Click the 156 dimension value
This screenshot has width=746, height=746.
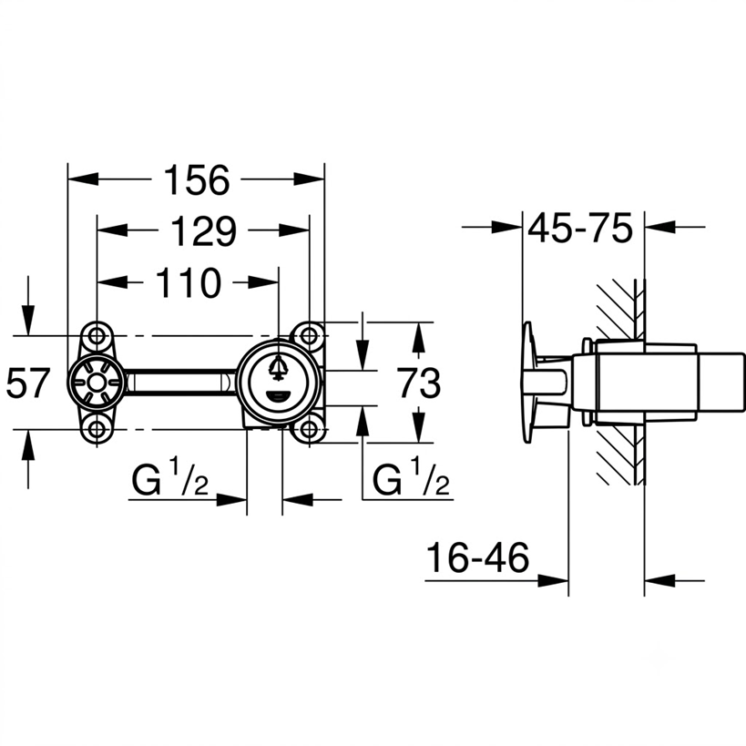(x=197, y=179)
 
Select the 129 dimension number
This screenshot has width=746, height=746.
(x=203, y=231)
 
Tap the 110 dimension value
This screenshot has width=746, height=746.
(x=189, y=283)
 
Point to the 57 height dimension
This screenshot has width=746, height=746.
(x=27, y=383)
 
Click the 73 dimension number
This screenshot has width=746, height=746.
(x=420, y=383)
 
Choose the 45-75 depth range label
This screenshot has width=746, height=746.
(x=580, y=228)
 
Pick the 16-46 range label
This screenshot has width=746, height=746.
(x=477, y=557)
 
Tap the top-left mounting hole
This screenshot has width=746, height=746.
(x=97, y=336)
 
